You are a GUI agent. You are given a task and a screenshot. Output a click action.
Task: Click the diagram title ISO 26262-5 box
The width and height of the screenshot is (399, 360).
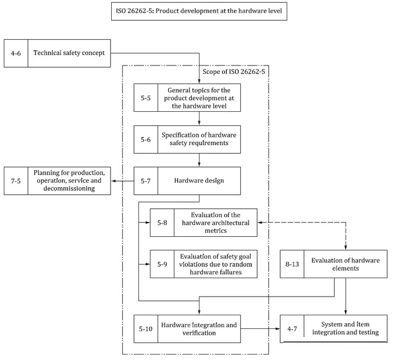[x=199, y=11]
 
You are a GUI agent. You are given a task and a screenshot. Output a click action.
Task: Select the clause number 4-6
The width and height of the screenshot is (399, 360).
[x=16, y=53]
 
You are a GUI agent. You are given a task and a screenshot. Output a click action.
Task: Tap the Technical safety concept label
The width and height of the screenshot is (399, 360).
[x=69, y=53]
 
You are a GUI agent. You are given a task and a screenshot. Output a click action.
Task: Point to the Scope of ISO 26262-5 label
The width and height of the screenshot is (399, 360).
[x=234, y=72]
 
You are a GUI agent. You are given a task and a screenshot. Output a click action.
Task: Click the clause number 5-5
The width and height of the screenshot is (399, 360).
[x=146, y=98]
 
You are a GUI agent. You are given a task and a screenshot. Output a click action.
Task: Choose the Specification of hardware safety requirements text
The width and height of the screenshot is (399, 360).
[x=199, y=139]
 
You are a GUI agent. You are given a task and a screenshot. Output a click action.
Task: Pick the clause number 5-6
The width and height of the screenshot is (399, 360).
[x=146, y=140]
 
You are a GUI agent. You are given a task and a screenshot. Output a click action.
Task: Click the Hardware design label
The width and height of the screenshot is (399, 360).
[x=199, y=181]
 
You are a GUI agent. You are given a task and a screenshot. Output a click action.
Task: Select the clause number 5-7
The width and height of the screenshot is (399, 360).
[x=146, y=181]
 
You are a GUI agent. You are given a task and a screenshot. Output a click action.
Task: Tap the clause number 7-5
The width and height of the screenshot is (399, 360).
[x=16, y=181]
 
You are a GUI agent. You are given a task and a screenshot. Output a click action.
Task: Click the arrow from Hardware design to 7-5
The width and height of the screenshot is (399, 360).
[x=123, y=181]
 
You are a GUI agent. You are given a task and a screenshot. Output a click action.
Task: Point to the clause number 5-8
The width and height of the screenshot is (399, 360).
[x=162, y=223]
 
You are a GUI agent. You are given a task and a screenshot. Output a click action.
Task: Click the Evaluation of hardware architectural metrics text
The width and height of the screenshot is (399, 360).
[x=215, y=223]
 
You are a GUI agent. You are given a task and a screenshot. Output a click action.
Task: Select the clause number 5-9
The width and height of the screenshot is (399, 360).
[x=162, y=264]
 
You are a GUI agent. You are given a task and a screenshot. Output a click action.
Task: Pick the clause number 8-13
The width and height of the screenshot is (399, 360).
[x=292, y=264]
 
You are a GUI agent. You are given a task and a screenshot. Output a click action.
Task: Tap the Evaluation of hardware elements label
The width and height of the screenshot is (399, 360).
[x=346, y=264]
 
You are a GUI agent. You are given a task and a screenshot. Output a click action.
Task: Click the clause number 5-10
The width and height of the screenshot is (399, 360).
[x=146, y=329]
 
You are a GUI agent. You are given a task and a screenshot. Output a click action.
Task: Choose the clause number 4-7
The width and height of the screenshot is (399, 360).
[x=292, y=329]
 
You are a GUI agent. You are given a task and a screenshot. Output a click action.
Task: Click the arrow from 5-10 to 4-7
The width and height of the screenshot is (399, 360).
[x=261, y=329]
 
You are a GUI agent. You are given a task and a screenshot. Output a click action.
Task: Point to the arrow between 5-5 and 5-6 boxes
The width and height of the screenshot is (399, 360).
[x=199, y=118]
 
